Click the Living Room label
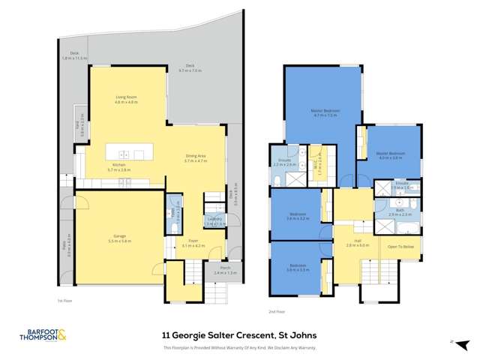click(126, 100)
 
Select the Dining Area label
click(196, 158)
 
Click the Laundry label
click(214, 221)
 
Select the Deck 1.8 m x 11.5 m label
click(75, 55)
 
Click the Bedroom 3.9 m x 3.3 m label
click(298, 268)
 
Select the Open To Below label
click(400, 246)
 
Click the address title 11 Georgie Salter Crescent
click(239, 337)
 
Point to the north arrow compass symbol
click(452, 341)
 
